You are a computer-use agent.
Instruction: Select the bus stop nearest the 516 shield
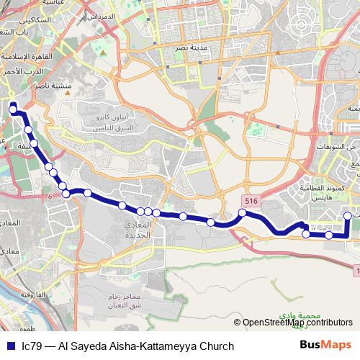pos(243,212)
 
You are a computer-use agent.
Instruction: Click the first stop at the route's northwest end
pos(13,109)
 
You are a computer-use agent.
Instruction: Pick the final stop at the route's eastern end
pos(348,215)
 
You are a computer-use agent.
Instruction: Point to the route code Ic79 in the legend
pos(31,346)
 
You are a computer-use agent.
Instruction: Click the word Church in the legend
pos(216,346)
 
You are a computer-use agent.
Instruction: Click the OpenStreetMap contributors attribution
pos(297,323)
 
